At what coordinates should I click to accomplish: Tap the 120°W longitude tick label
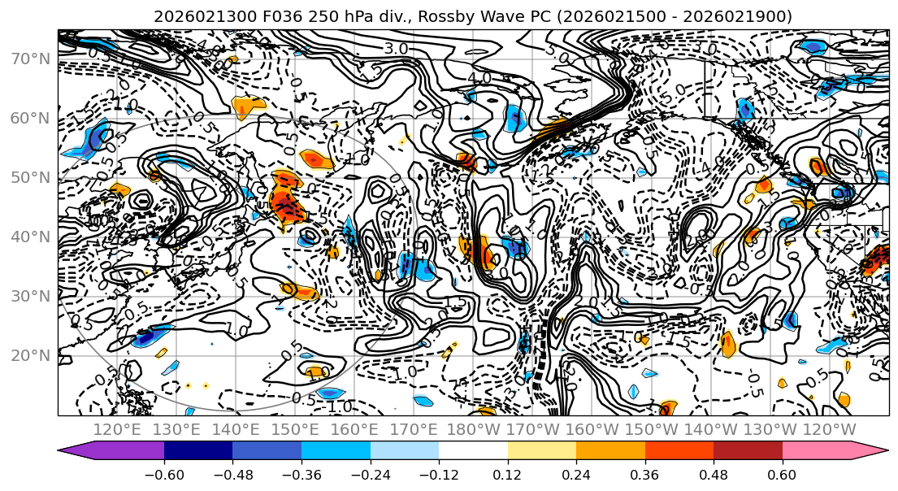(830, 429)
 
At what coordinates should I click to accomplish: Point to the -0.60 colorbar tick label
(164, 474)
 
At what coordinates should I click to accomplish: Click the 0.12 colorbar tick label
(508, 474)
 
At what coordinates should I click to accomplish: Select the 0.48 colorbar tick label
(714, 474)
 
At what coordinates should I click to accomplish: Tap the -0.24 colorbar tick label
(371, 474)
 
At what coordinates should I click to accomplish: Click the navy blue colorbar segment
(198, 452)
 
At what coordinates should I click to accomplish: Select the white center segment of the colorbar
(473, 452)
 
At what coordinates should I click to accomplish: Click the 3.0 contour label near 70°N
(396, 49)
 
